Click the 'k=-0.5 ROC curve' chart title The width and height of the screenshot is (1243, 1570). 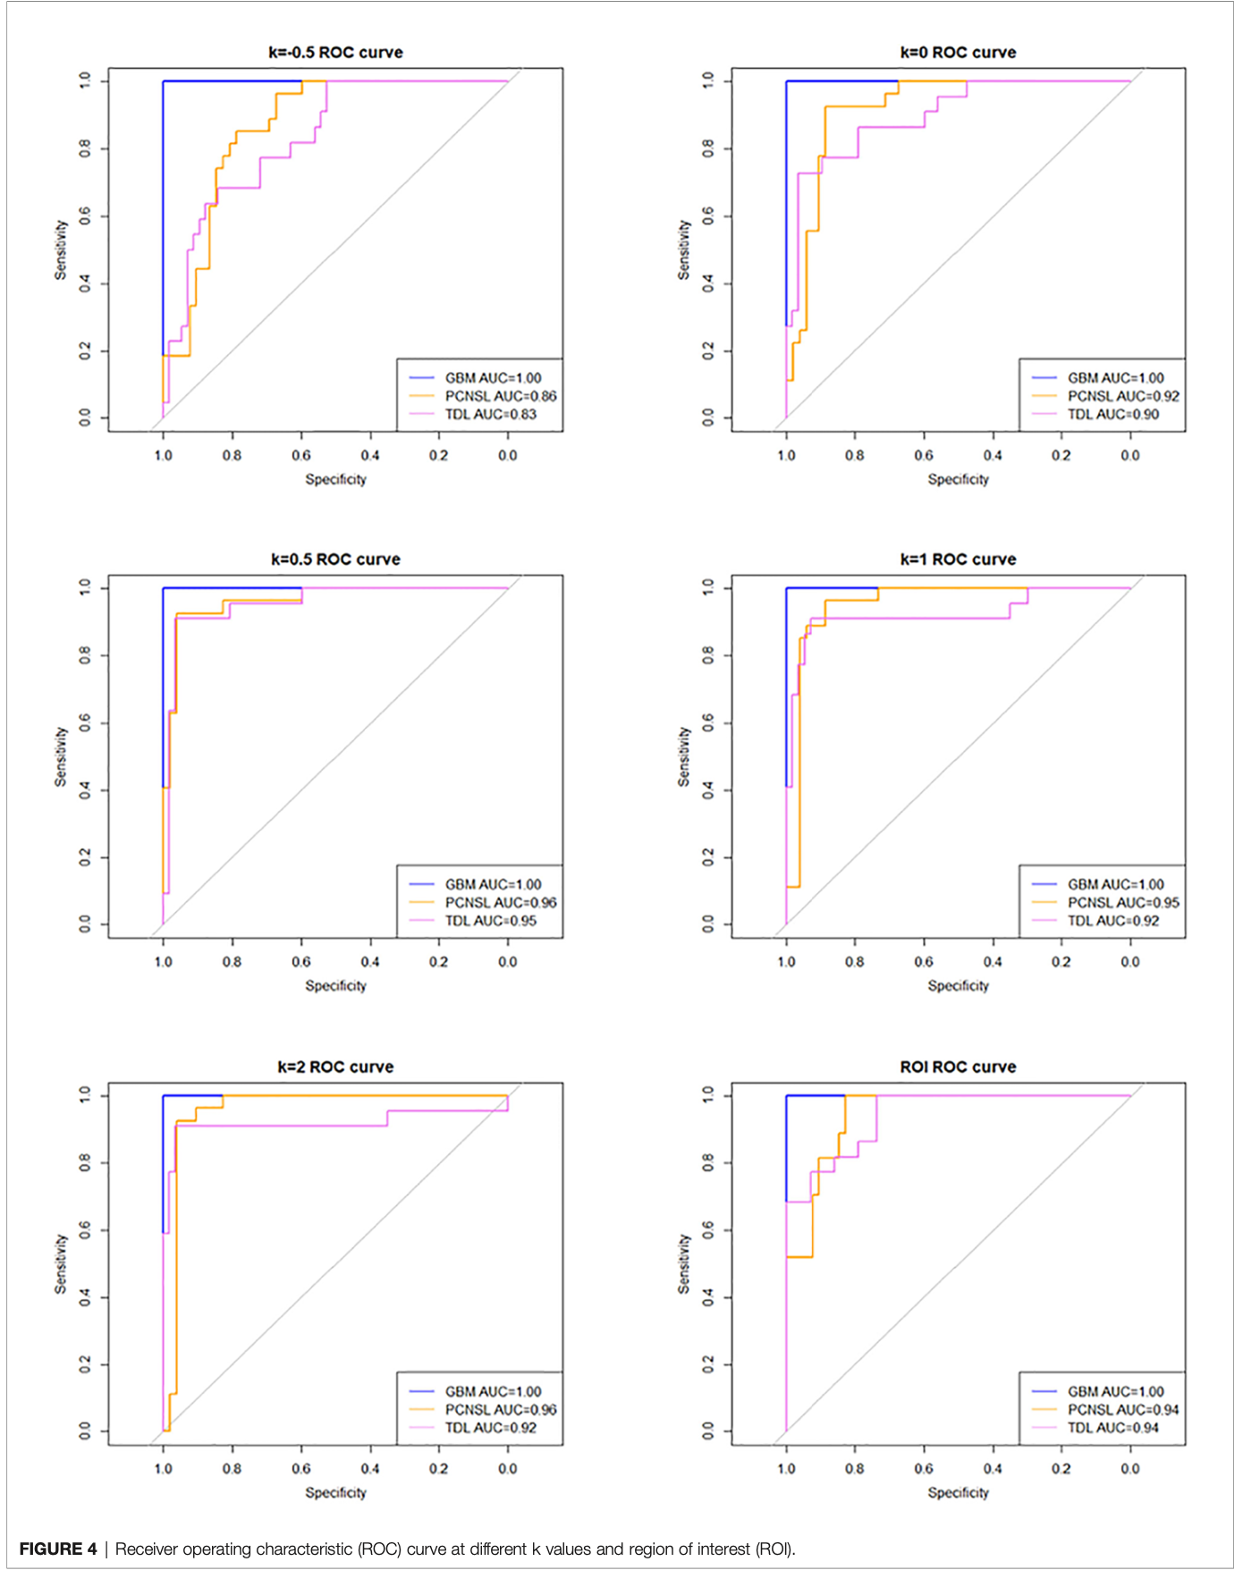(335, 53)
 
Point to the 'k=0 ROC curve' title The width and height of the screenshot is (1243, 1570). (958, 53)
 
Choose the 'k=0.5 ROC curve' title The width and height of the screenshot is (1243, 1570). (335, 560)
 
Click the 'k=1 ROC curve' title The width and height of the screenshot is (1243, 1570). (958, 560)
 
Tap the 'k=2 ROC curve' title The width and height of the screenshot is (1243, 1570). (335, 1067)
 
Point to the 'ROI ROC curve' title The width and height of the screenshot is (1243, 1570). (958, 1067)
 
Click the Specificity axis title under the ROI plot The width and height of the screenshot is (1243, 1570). (958, 1492)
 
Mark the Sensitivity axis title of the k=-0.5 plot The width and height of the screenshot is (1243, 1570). (61, 250)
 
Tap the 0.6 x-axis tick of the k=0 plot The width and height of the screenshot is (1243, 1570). (924, 455)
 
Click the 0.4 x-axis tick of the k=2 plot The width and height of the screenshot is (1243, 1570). (370, 1468)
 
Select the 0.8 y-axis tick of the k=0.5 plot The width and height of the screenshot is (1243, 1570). (85, 655)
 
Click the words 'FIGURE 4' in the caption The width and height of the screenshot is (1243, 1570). (58, 1549)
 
